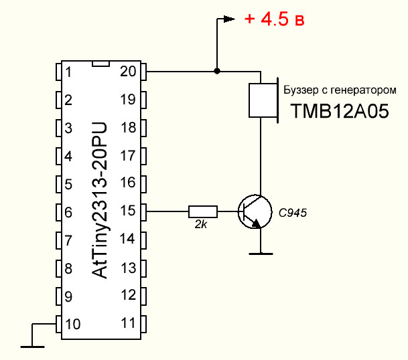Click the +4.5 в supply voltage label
pyautogui.click(x=275, y=19)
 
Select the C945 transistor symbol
pyautogui.click(x=254, y=211)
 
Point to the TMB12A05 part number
pyautogui.click(x=339, y=111)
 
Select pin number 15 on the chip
pyautogui.click(x=127, y=211)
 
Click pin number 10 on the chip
pyautogui.click(x=74, y=324)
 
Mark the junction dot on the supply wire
pyautogui.click(x=216, y=71)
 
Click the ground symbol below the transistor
pyautogui.click(x=260, y=253)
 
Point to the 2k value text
pyautogui.click(x=200, y=226)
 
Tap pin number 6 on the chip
pyautogui.click(x=68, y=211)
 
